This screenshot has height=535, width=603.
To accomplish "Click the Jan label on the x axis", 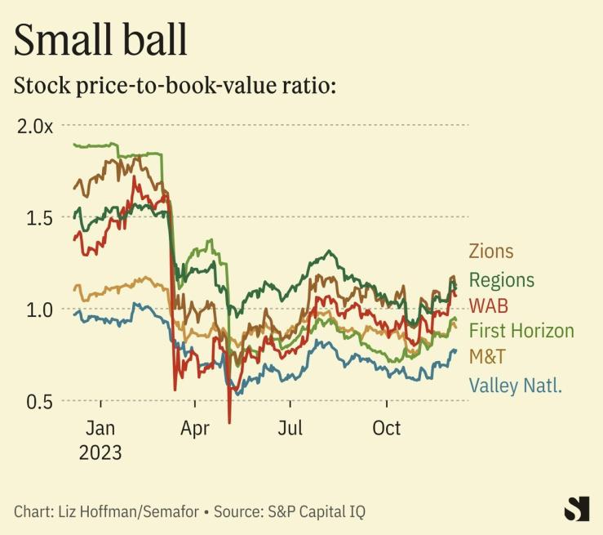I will tap(100, 427).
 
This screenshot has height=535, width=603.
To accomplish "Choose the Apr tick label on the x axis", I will tap(195, 427).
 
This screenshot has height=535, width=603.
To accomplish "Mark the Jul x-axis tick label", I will tap(290, 427).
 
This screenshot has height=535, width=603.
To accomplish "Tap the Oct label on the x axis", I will tap(387, 427).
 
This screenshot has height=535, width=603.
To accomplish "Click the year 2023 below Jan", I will tap(100, 452).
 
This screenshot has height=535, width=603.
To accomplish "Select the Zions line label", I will tap(491, 252).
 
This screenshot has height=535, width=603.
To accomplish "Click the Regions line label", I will tap(501, 280).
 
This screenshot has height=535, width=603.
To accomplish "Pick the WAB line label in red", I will tap(487, 305).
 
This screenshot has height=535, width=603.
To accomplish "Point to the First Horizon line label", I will tap(521, 331).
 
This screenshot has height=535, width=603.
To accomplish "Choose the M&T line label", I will tap(486, 357).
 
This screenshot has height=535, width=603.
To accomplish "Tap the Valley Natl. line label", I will tap(516, 385).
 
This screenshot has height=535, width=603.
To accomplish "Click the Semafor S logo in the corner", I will tap(576, 508).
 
